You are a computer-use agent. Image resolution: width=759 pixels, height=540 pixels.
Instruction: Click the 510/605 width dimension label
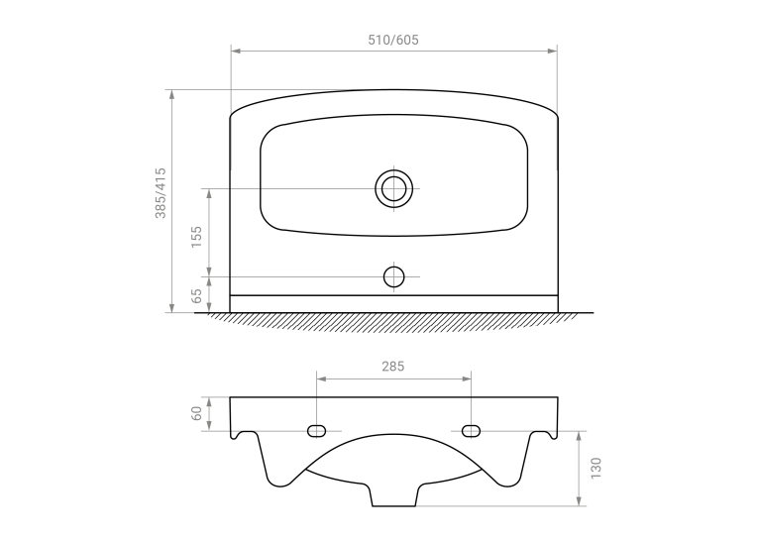[x=393, y=40]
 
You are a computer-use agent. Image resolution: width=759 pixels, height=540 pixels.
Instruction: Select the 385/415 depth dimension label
[x=161, y=193]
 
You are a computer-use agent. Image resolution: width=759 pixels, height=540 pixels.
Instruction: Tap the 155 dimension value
[x=196, y=237]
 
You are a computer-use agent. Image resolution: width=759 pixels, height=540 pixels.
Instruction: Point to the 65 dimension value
[x=196, y=295]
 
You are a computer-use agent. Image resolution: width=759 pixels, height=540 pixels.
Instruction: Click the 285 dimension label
[x=393, y=367]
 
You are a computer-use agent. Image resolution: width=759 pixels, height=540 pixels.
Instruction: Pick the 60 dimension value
[x=196, y=413]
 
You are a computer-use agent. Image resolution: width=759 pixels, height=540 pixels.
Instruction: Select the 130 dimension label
[x=596, y=469]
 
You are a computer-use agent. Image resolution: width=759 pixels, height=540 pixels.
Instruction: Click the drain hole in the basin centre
[x=393, y=188]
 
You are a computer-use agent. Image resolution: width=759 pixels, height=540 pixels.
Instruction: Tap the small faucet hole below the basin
[x=393, y=276]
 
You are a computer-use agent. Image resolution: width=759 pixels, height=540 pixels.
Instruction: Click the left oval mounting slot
[x=316, y=431]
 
